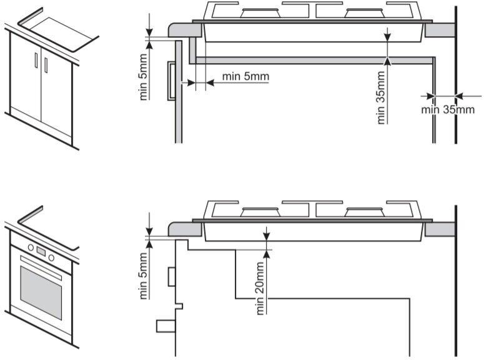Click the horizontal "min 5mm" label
pyautogui.click(x=245, y=76)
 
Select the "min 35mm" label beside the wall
pyautogui.click(x=448, y=109)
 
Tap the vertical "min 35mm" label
pyautogui.click(x=381, y=97)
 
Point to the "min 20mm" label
pyautogui.click(x=260, y=288)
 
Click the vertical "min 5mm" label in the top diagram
pyautogui.click(x=143, y=77)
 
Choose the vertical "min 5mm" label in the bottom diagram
pyautogui.click(x=143, y=276)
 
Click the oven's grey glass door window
pyautogui.click(x=41, y=292)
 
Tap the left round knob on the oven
pyautogui.click(x=31, y=247)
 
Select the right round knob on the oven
pyautogui.click(x=51, y=257)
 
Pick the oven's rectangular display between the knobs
pyautogui.click(x=41, y=252)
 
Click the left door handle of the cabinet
pyautogui.click(x=36, y=59)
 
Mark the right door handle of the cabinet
pyautogui.click(x=46, y=65)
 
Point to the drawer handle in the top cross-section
pyautogui.click(x=171, y=81)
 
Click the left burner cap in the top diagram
pyautogui.click(x=261, y=13)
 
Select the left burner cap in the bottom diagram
pyautogui.click(x=261, y=212)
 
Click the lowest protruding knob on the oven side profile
pyautogui.click(x=165, y=326)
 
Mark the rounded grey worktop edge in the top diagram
pyautogui.click(x=185, y=30)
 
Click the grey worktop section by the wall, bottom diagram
pyautogui.click(x=440, y=229)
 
